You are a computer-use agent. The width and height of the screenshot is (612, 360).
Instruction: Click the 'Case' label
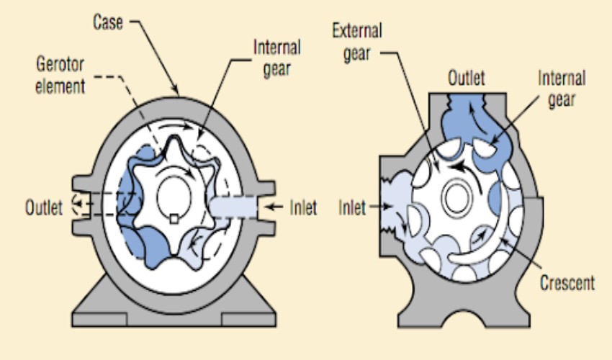tap(108, 22)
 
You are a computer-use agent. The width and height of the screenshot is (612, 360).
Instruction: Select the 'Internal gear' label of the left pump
tap(277, 58)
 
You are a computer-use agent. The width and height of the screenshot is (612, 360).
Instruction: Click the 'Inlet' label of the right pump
tap(353, 209)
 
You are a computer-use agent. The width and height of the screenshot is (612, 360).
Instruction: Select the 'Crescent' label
tap(567, 282)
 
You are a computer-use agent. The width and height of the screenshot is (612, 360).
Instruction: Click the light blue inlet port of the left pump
tap(234, 208)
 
